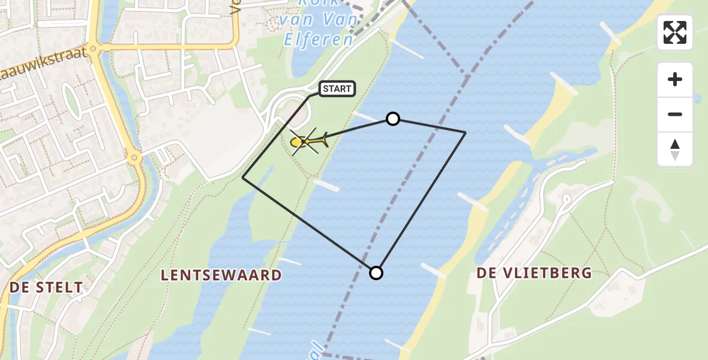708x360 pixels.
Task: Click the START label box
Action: pos(337,89)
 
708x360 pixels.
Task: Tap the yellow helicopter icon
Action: pos(308,142)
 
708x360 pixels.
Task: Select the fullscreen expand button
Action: pos(675,32)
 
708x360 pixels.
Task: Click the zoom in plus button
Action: pos(675,79)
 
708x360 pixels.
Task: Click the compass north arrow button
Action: pos(675,149)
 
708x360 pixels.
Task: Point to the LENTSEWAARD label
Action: pos(221,275)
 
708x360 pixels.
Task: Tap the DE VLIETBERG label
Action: pos(534,274)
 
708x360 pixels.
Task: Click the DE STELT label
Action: pos(46,288)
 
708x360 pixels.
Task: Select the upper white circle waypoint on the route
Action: pos(393,119)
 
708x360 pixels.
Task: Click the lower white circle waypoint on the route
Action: pos(376,273)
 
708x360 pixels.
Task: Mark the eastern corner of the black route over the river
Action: pos(466,132)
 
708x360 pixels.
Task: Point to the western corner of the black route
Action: pos(243,177)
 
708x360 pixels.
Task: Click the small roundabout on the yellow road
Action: pos(134,158)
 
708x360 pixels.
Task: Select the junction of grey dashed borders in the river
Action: pos(466,74)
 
